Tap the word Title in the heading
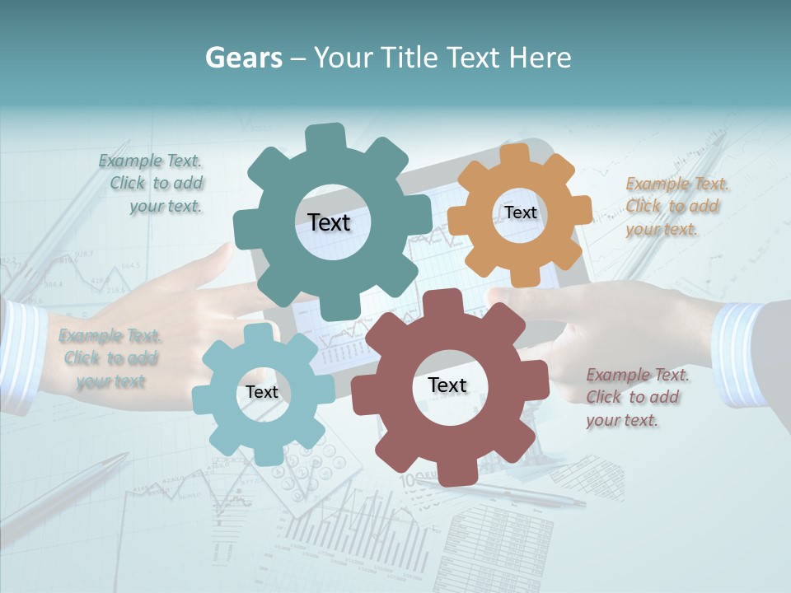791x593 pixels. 410,58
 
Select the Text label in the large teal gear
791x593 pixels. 329,222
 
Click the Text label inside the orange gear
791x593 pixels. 520,212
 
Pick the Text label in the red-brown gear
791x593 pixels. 447,385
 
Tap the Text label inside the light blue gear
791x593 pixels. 261,392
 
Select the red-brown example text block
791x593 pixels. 637,397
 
